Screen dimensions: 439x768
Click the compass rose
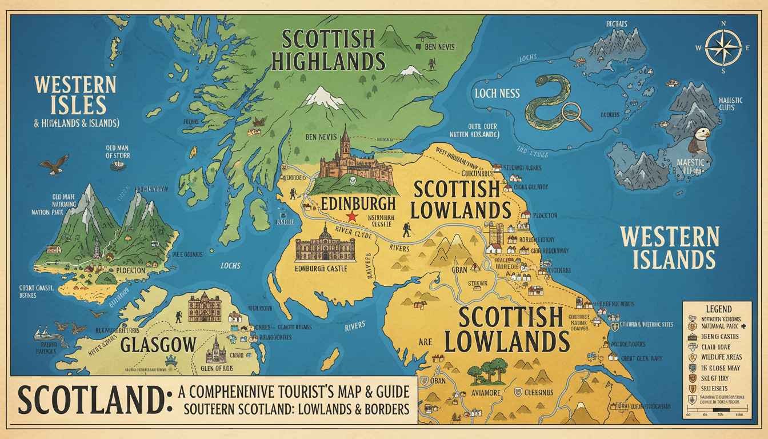click(723, 47)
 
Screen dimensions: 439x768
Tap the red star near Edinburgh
click(352, 217)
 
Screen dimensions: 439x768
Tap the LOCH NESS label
click(497, 93)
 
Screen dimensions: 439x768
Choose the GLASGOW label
click(158, 345)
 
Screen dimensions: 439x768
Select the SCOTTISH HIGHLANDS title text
click(327, 50)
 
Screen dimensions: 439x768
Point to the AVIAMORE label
click(486, 392)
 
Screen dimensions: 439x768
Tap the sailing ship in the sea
click(43, 334)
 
